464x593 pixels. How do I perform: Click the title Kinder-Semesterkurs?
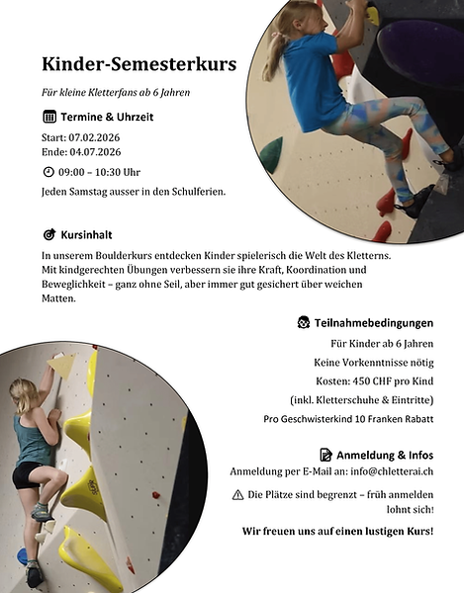point(139,65)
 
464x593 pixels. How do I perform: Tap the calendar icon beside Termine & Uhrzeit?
point(49,117)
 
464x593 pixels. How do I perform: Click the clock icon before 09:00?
point(48,171)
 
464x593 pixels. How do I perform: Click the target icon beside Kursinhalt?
point(49,235)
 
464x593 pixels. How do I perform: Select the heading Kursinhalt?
point(87,235)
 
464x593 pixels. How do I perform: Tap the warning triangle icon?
point(237,493)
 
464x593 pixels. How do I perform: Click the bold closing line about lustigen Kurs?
point(337,531)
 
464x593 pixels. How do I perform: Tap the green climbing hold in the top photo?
point(271,150)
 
